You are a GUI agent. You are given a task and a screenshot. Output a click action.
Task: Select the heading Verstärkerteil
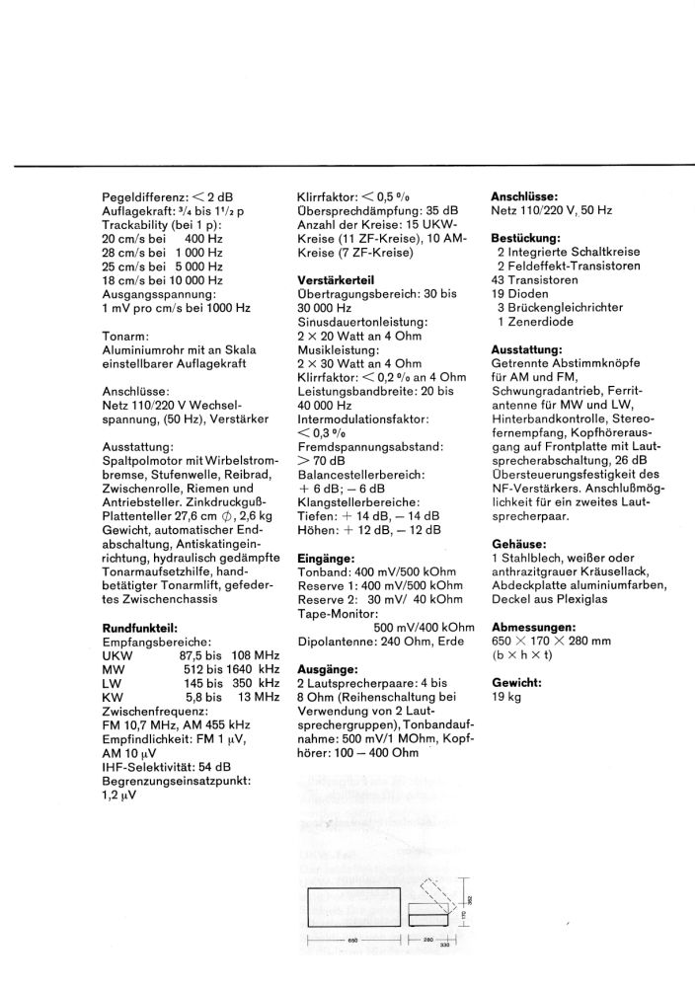pyautogui.click(x=337, y=279)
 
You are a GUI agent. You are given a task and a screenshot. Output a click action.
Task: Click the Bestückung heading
pyautogui.click(x=525, y=238)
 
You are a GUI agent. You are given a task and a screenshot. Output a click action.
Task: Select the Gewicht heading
pyautogui.click(x=516, y=683)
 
